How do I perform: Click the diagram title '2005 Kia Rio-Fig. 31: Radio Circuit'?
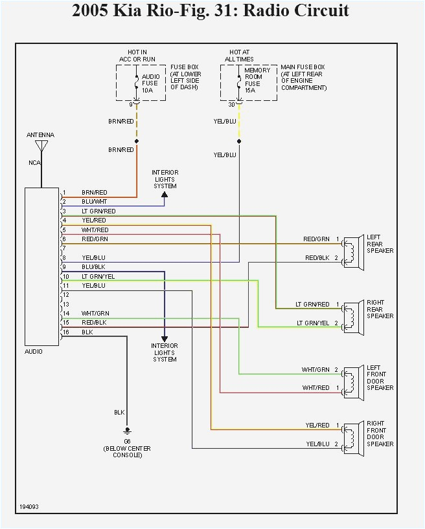[211, 11]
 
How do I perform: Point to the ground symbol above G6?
[127, 429]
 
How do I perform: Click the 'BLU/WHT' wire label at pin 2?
[94, 202]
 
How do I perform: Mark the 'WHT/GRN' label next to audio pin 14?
[95, 313]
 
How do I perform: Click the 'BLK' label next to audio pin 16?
[87, 332]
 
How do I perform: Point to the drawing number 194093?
[29, 506]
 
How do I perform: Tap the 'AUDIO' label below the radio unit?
[34, 352]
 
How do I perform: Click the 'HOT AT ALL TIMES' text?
[240, 56]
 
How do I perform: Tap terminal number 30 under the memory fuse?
[231, 104]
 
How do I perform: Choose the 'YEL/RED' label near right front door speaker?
[317, 425]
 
